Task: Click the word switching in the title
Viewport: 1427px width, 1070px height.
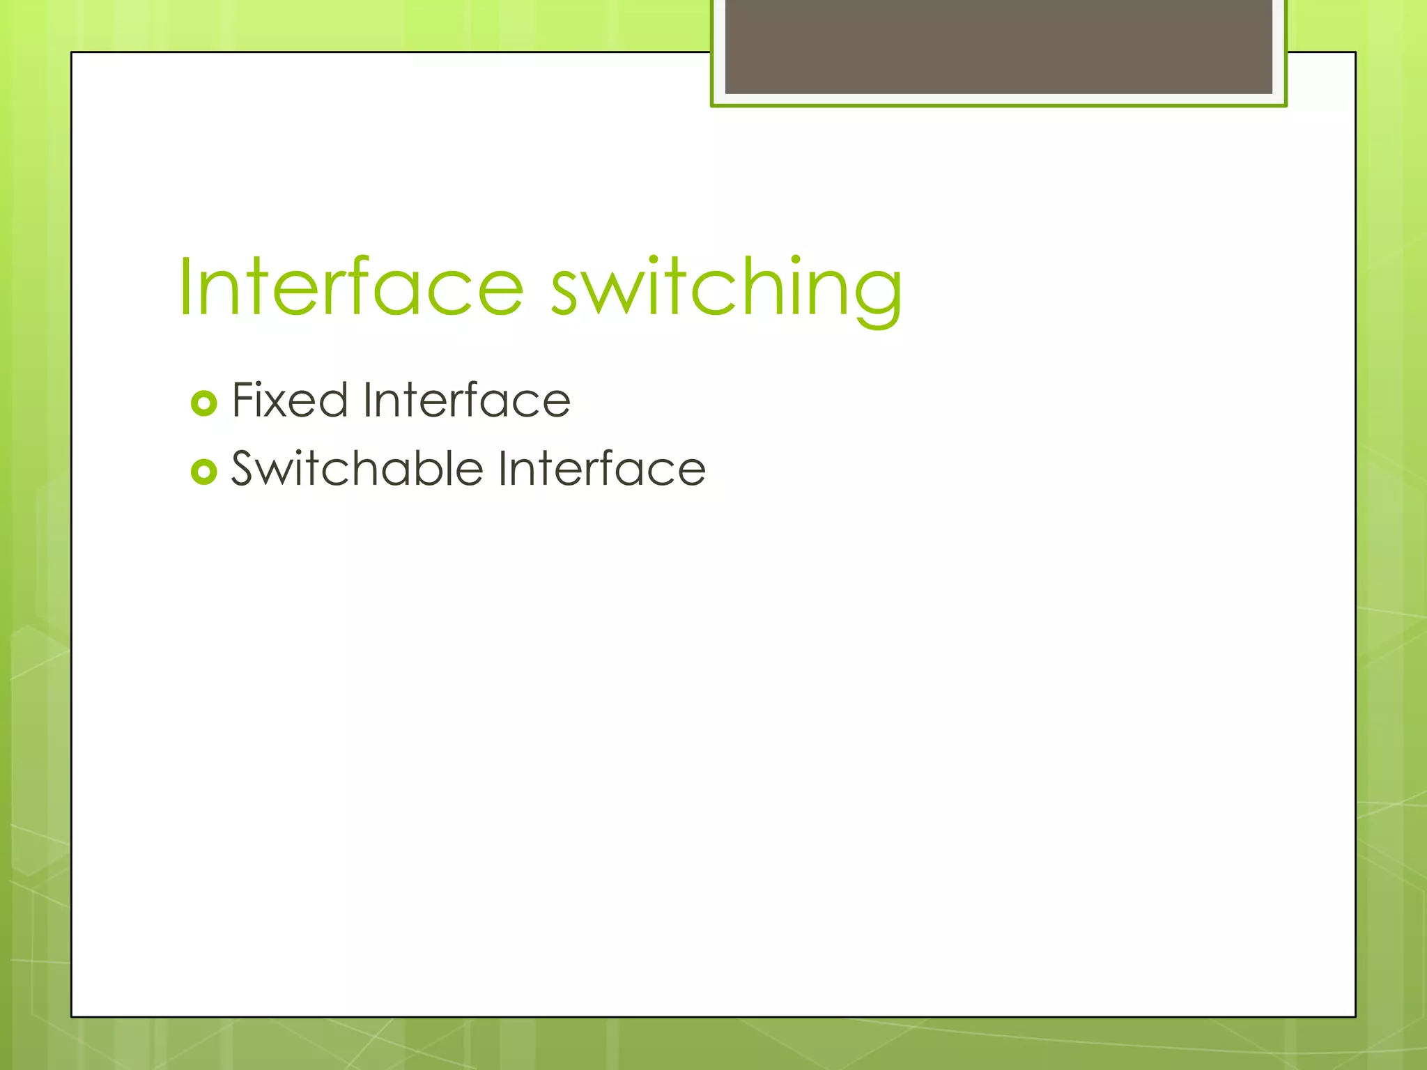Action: tap(726, 287)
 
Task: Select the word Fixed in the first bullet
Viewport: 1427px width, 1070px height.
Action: tap(289, 401)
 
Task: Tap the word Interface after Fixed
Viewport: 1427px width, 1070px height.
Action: tap(466, 401)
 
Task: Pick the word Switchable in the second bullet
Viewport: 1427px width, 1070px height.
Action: tap(357, 468)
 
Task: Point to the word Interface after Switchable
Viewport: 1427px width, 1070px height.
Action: tap(602, 468)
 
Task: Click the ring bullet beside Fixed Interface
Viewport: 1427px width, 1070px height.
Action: tap(203, 403)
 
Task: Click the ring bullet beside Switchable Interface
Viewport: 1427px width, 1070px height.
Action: tap(203, 472)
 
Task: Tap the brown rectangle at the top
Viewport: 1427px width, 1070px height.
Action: tap(998, 46)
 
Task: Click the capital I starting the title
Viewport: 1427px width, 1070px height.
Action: tap(185, 287)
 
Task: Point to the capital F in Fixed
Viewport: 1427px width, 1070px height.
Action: tap(244, 401)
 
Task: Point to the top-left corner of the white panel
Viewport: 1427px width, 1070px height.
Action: tap(72, 53)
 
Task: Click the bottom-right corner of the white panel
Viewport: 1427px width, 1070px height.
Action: tap(1355, 1016)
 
